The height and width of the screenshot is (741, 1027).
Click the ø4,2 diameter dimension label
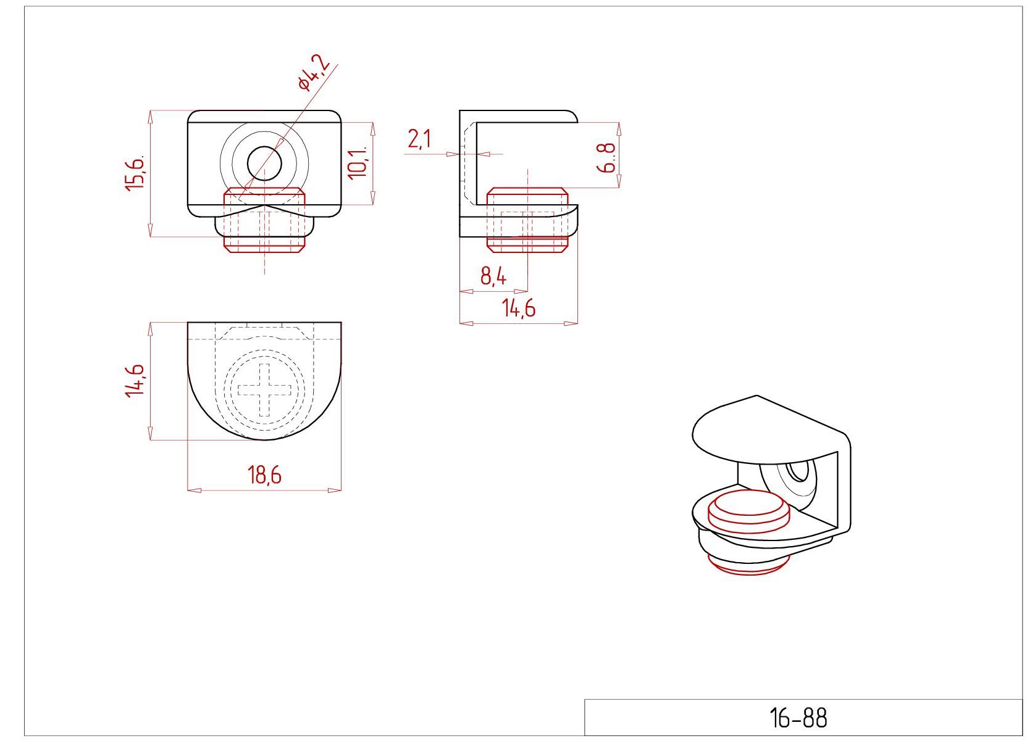(314, 72)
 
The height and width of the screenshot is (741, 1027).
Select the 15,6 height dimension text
(135, 173)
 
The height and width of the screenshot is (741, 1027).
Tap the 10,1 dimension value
(358, 163)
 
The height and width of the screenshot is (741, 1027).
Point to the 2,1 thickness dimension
(419, 139)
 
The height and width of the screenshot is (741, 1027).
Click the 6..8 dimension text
(606, 157)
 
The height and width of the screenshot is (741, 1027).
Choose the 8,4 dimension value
(493, 276)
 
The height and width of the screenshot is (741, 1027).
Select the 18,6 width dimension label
(264, 474)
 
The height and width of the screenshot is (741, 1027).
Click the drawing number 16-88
(799, 718)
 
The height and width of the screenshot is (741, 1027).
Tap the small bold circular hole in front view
(264, 164)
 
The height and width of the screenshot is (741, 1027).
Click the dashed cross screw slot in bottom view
(264, 390)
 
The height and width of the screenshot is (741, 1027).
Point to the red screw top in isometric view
(748, 511)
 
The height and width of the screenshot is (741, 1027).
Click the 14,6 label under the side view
(519, 308)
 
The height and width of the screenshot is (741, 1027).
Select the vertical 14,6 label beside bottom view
(135, 381)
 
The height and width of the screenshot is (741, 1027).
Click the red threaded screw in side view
(527, 220)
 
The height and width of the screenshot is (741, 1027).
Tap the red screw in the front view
(264, 220)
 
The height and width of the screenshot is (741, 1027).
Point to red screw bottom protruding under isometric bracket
(748, 566)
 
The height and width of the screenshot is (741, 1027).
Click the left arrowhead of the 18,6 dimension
(195, 491)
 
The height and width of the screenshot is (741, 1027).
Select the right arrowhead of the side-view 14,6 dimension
(571, 323)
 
